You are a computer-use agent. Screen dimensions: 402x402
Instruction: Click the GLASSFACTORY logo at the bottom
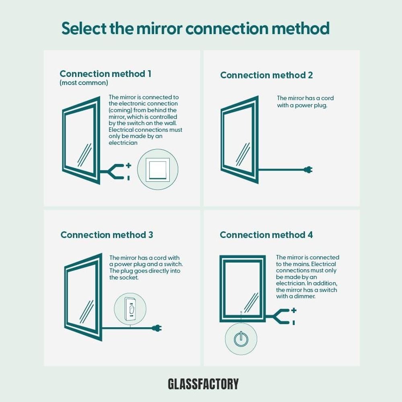point(203,384)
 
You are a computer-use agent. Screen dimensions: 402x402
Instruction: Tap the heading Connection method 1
point(105,74)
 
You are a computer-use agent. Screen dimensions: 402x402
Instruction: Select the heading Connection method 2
point(267,75)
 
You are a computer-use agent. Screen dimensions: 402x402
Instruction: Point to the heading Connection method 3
point(107,235)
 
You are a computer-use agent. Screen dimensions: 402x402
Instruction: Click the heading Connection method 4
point(267,235)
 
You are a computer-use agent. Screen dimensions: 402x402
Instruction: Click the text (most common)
point(84,83)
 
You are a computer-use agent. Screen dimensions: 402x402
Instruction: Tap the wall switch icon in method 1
point(158,169)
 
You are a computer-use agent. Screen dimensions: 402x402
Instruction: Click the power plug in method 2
point(308,170)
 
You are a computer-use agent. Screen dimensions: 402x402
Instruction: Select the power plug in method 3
point(157,328)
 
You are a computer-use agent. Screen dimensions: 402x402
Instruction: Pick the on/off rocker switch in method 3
point(130,309)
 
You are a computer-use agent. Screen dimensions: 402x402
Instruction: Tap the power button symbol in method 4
point(241,339)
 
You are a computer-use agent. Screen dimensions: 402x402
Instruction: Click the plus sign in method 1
point(129,165)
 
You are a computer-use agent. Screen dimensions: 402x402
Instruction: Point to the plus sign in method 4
point(294,310)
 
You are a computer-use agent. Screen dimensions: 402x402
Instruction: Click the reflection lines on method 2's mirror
point(242,154)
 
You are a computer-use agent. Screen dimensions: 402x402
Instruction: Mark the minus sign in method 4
point(294,322)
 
